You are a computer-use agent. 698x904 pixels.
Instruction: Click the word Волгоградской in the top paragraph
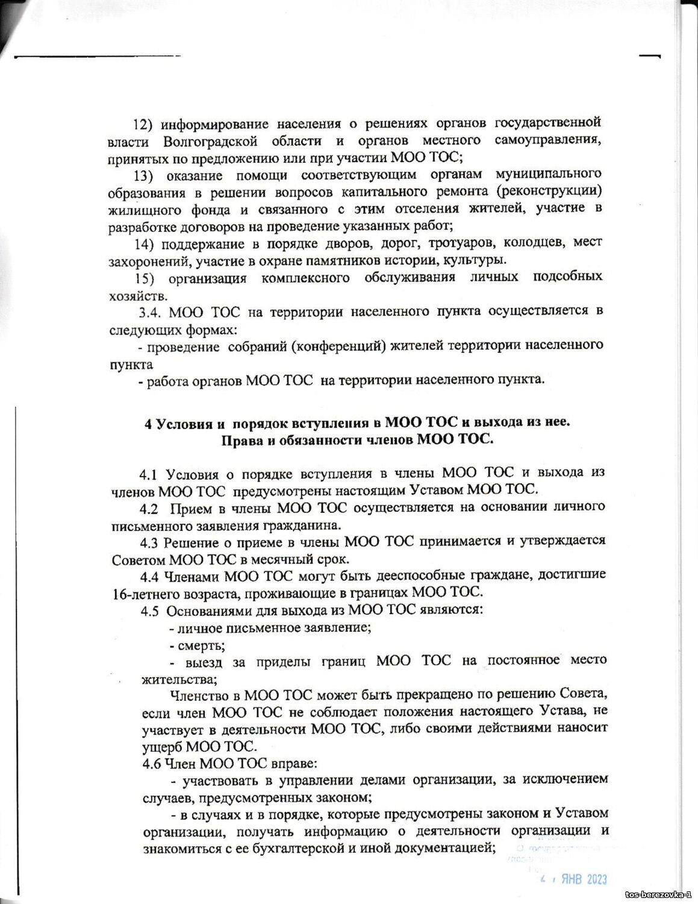pyautogui.click(x=210, y=142)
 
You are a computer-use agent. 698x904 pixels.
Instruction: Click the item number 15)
pyautogui.click(x=146, y=278)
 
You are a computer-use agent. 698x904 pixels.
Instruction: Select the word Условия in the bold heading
pyautogui.click(x=183, y=423)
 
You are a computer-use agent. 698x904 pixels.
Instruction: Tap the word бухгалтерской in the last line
pyautogui.click(x=291, y=849)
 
